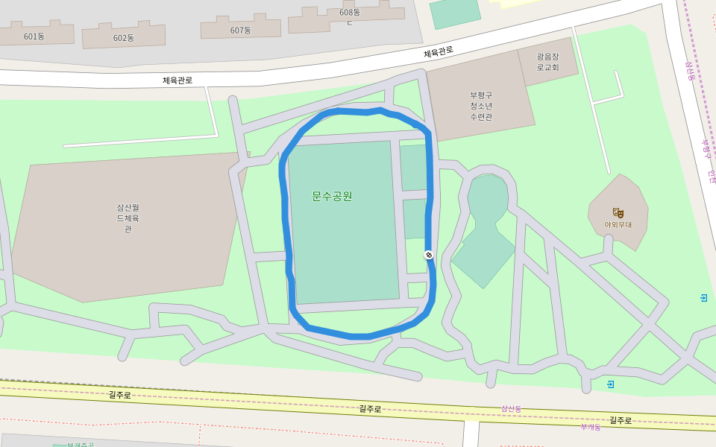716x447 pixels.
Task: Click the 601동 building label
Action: point(34,37)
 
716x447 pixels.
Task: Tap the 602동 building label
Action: point(124,38)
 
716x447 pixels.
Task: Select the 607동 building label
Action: point(241,31)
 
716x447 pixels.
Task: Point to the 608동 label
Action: point(349,13)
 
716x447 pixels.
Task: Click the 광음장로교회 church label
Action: point(547,61)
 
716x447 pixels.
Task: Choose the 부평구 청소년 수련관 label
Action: point(481,106)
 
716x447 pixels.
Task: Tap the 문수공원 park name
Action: point(332,197)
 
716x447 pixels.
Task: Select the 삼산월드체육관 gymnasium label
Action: point(128,218)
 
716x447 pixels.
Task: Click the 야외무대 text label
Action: point(618,224)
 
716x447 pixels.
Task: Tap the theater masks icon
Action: point(618,212)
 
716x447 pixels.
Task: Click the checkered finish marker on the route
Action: point(429,255)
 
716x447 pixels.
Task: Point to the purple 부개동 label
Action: point(591,427)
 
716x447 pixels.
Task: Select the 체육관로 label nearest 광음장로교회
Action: point(438,52)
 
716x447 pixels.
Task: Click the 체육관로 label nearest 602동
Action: point(178,80)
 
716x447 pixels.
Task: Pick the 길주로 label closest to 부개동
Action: point(621,421)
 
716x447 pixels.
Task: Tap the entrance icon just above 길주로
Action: point(611,384)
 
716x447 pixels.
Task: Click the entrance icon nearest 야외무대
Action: point(703,298)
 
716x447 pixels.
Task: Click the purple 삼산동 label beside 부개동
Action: point(511,409)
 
